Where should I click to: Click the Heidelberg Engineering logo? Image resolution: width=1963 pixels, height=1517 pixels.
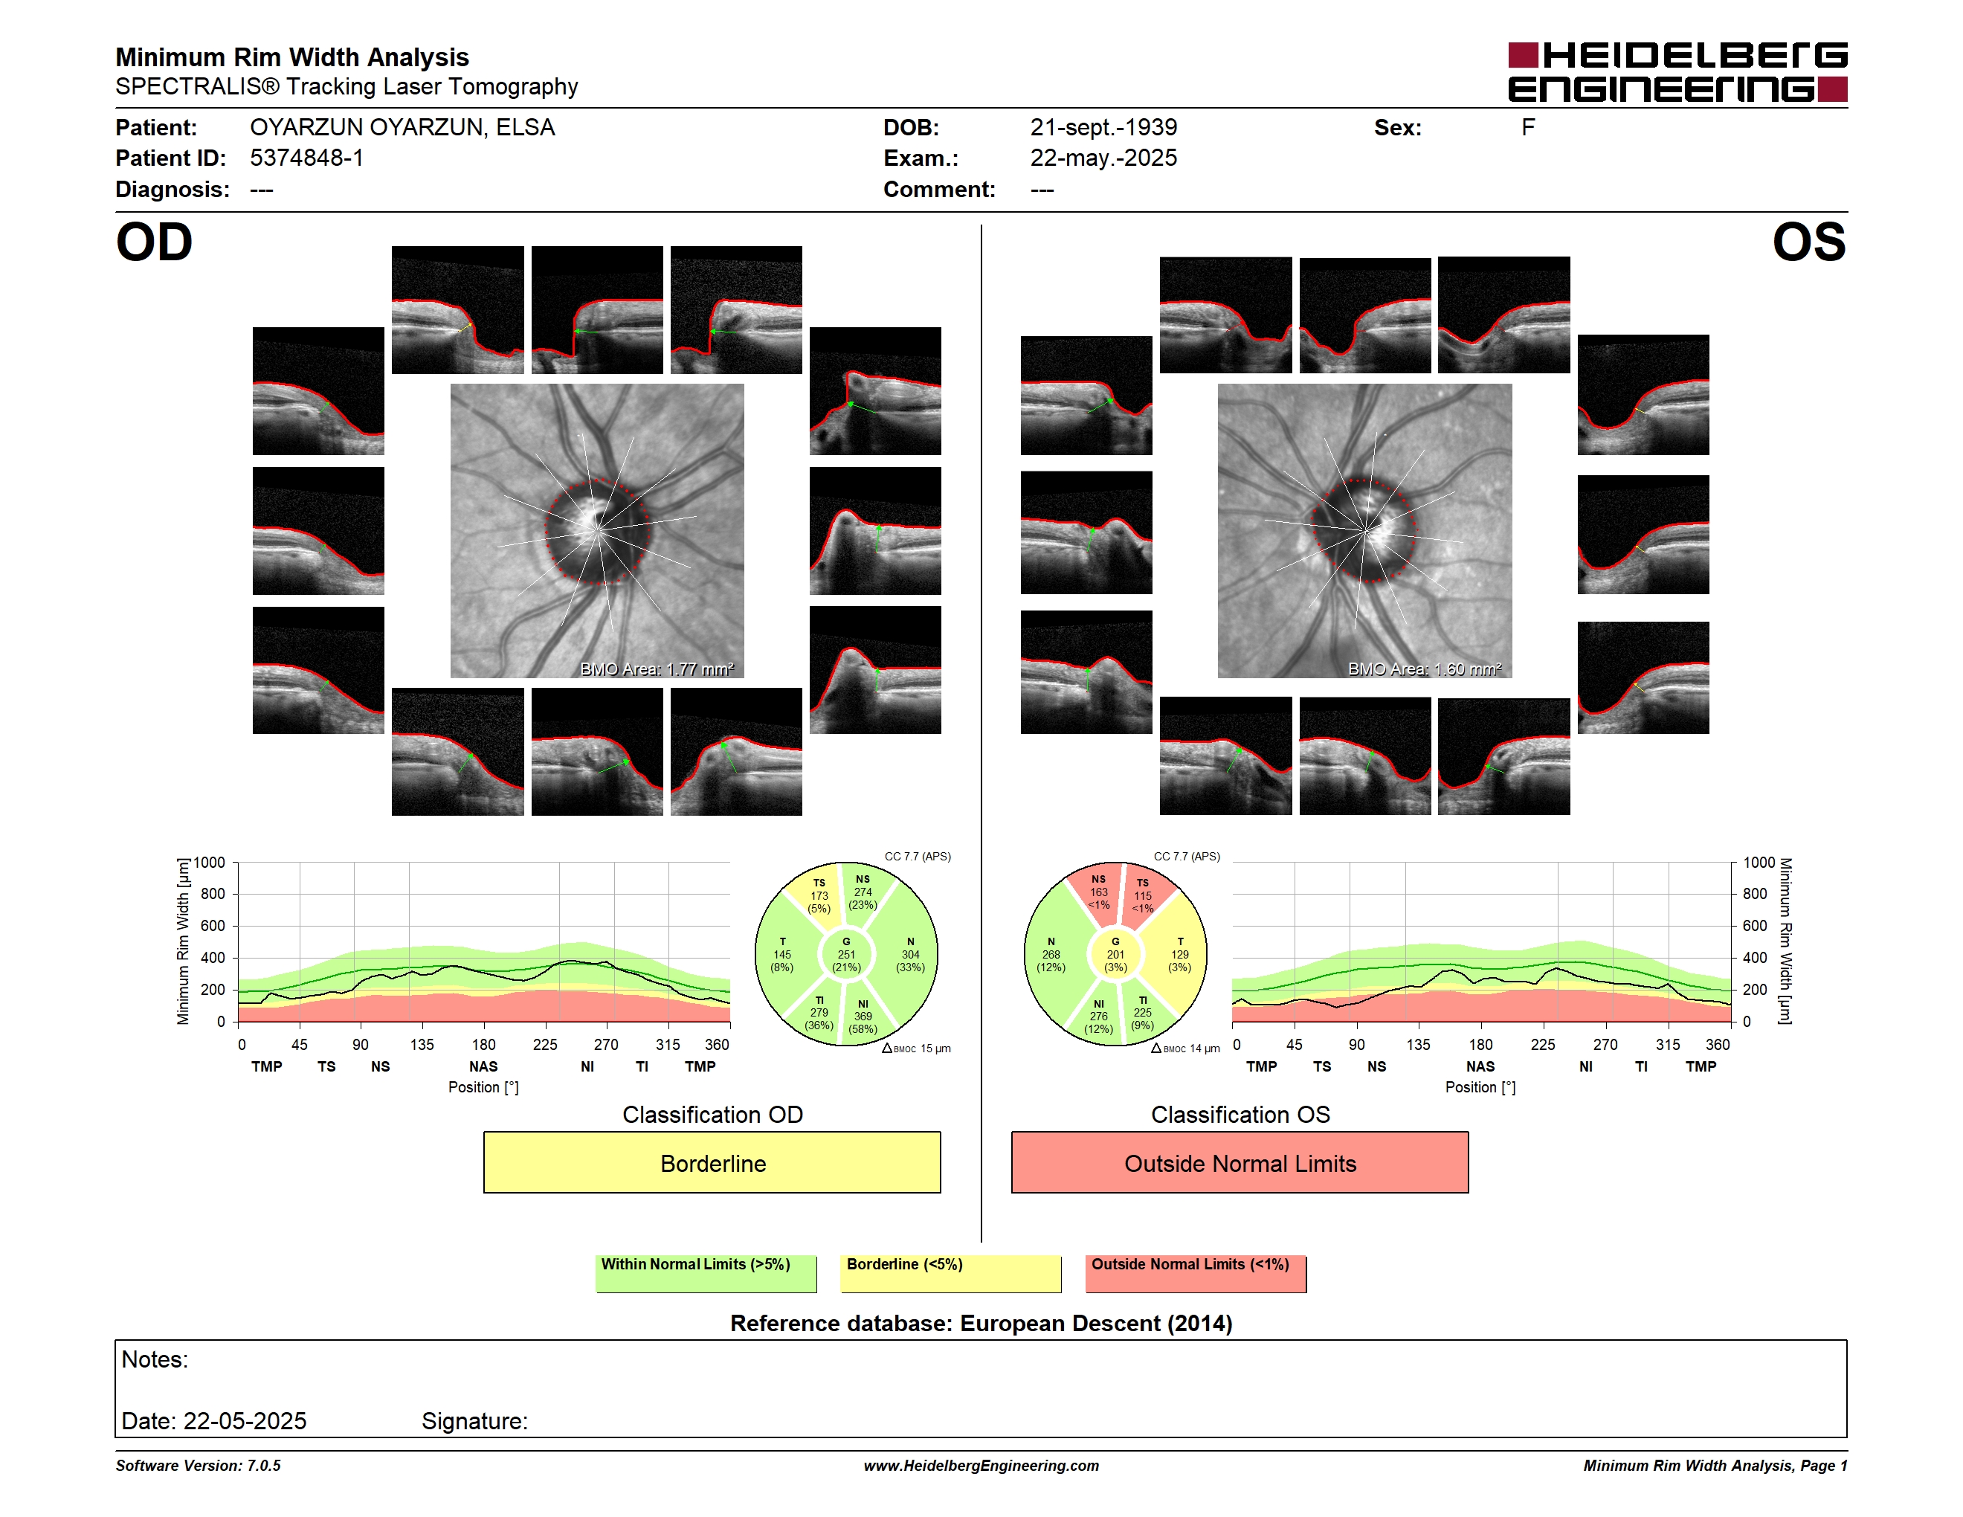(1677, 72)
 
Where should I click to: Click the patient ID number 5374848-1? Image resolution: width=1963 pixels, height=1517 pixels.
(306, 158)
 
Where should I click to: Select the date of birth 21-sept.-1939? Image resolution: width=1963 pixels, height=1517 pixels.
(1103, 128)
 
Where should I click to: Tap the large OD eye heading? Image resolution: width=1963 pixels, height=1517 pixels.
(154, 242)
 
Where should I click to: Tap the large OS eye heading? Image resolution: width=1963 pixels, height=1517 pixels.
(1808, 242)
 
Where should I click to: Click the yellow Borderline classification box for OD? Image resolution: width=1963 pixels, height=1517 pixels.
(712, 1162)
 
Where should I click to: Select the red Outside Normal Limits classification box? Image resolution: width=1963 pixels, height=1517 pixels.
(1240, 1162)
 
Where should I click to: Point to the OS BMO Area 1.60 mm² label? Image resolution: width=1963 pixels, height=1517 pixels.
(1424, 669)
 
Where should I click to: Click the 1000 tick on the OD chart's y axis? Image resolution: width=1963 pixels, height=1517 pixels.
(208, 863)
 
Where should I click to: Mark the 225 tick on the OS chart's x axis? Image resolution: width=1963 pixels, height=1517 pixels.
(1542, 1044)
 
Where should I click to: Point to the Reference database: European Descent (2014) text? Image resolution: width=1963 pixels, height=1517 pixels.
(981, 1323)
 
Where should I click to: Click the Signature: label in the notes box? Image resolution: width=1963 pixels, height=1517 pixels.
(474, 1421)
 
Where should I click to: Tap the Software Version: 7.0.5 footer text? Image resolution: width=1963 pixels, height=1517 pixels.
(198, 1466)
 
